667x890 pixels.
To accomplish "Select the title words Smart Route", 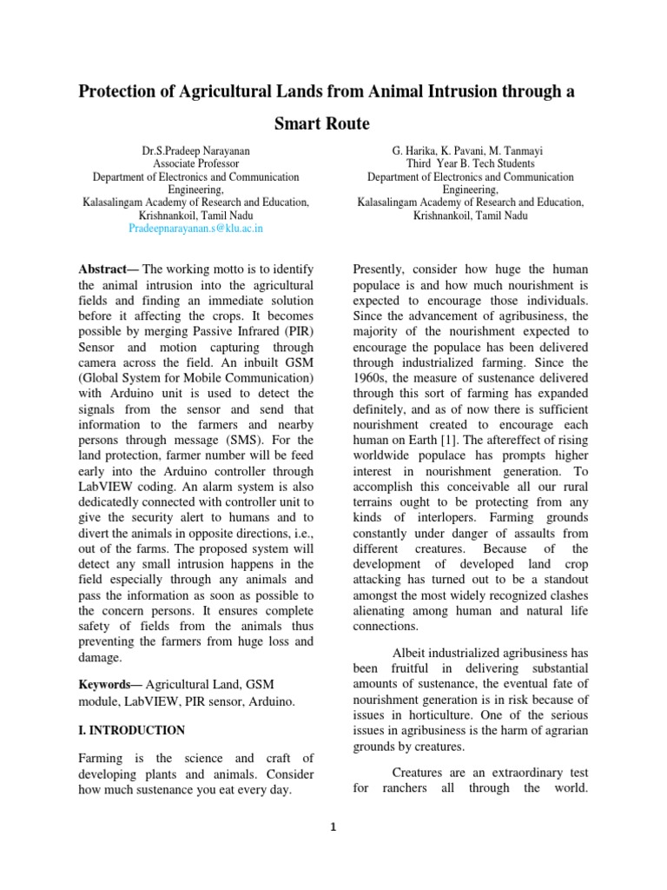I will [x=322, y=124].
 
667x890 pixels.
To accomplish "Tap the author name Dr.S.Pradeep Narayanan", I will [x=195, y=150].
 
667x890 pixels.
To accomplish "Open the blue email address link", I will [x=195, y=228].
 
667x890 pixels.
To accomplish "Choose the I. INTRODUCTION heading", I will [x=131, y=730].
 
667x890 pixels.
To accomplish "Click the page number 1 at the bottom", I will [x=333, y=827].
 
